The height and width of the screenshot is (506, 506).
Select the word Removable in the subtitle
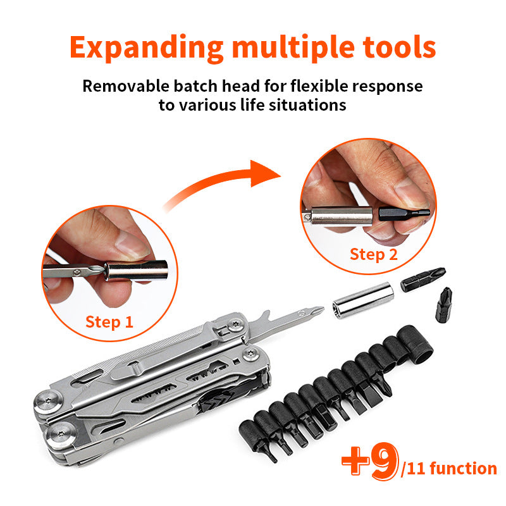(125, 86)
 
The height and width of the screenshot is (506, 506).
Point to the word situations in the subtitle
(307, 105)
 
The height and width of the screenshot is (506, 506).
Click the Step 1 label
(109, 322)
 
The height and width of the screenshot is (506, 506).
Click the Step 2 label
(374, 254)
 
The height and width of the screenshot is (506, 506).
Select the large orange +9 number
(370, 462)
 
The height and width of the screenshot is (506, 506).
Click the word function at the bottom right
(463, 468)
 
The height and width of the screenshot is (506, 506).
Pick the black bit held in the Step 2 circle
(404, 214)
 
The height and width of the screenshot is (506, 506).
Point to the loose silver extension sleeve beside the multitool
(363, 300)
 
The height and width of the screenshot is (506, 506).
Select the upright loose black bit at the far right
(444, 305)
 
